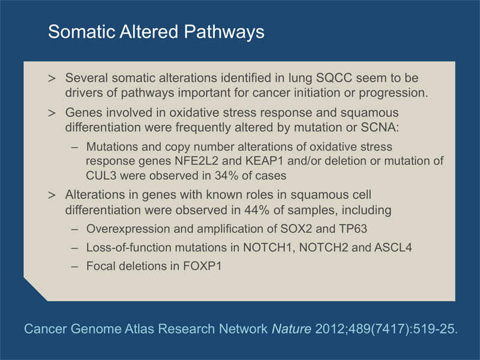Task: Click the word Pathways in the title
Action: pyautogui.click(x=224, y=32)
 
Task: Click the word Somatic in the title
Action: pyautogui.click(x=82, y=31)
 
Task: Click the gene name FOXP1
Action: pyautogui.click(x=202, y=266)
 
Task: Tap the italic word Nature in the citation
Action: pyautogui.click(x=292, y=329)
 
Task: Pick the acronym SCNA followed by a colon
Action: pyautogui.click(x=380, y=127)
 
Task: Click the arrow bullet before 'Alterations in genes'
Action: pyautogui.click(x=52, y=196)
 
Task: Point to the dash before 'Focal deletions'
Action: pyautogui.click(x=74, y=266)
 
